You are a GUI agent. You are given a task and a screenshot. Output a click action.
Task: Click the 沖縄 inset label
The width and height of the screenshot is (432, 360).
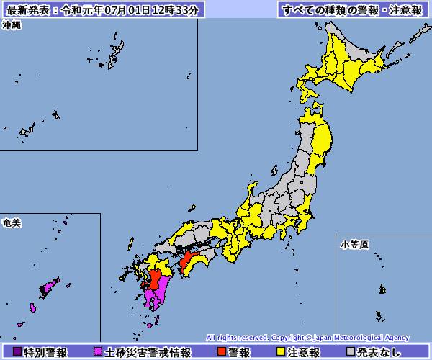pyautogui.click(x=12, y=24)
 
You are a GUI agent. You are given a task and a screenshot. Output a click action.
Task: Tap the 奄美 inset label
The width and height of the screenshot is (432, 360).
pyautogui.click(x=12, y=224)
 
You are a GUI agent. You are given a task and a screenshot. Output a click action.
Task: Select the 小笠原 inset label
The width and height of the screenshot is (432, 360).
pyautogui.click(x=354, y=245)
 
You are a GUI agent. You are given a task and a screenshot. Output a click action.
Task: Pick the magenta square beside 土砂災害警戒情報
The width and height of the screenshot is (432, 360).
pyautogui.click(x=99, y=353)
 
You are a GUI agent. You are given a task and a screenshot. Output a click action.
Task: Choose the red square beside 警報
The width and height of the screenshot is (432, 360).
pyautogui.click(x=221, y=353)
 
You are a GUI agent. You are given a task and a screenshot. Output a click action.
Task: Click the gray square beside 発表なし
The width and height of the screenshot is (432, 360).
pyautogui.click(x=351, y=353)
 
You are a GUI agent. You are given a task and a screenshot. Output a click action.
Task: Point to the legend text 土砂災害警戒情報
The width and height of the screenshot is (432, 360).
pyautogui.click(x=148, y=353)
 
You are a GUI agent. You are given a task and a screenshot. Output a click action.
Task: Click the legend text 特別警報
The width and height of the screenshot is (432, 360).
pyautogui.click(x=45, y=353)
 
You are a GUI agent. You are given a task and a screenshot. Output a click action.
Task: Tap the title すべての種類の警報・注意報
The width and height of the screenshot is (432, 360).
pyautogui.click(x=352, y=10)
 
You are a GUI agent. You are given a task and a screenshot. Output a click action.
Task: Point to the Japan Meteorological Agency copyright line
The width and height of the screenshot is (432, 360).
pyautogui.click(x=307, y=337)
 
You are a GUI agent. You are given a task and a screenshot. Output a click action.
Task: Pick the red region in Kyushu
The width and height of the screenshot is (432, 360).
pyautogui.click(x=155, y=277)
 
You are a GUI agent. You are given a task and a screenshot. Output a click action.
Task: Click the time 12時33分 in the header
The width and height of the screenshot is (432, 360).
pyautogui.click(x=181, y=10)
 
